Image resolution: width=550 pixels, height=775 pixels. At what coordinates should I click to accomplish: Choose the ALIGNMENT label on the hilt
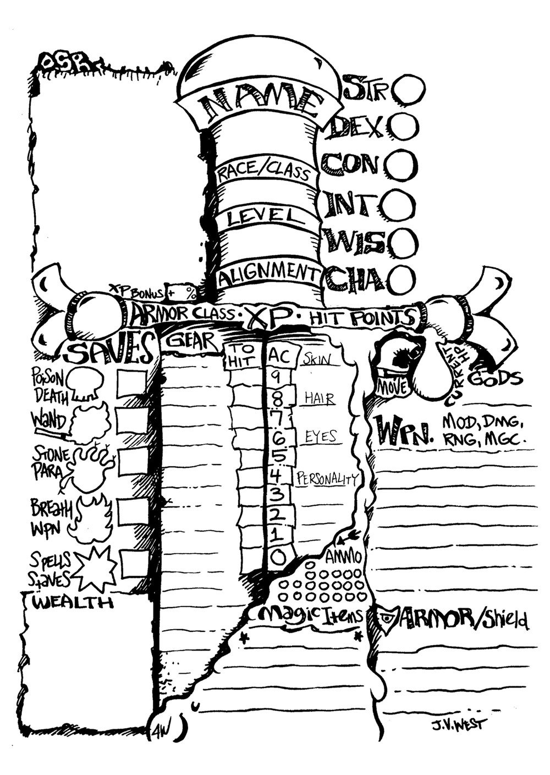tap(268, 274)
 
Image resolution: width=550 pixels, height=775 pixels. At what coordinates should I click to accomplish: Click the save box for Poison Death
tap(132, 383)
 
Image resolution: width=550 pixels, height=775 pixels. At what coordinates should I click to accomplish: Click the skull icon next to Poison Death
tap(86, 383)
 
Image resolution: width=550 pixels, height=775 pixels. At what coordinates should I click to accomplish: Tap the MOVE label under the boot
tap(393, 387)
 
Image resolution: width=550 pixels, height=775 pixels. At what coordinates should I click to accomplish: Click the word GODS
tap(495, 379)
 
